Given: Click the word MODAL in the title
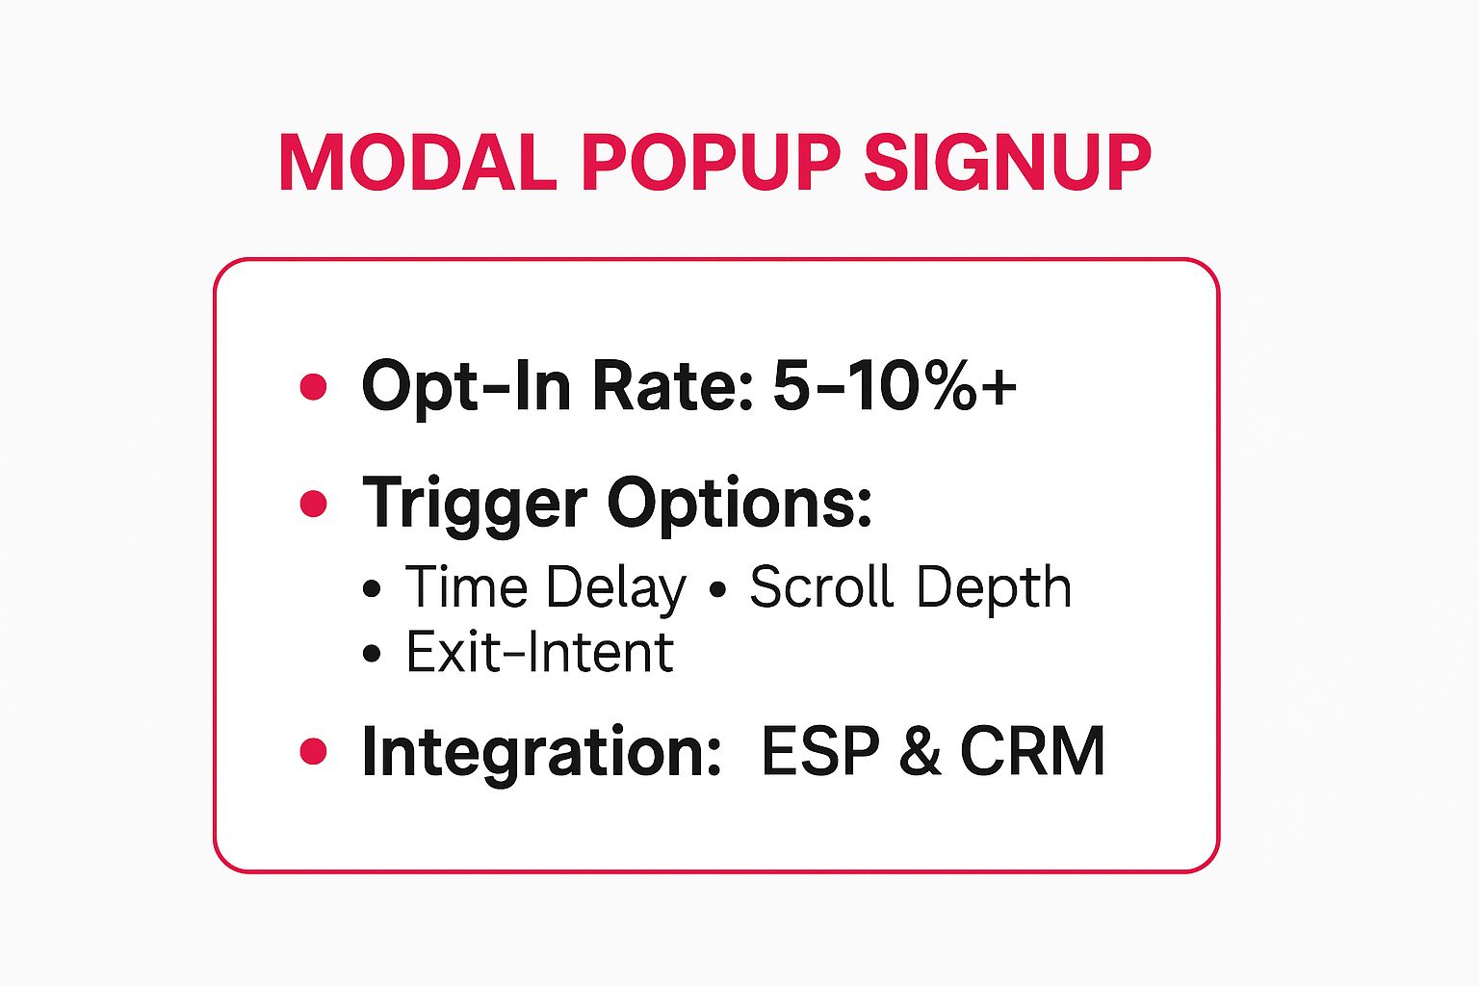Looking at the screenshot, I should pos(416,163).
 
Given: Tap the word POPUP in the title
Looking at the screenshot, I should pos(711,163).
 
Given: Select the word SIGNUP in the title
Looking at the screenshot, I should pos(1006,163).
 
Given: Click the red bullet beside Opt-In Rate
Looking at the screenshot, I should pos(313,387).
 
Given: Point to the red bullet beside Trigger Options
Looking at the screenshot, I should pos(313,503).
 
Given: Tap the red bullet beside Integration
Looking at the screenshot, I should pos(313,751).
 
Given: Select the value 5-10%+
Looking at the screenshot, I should pos(894,385).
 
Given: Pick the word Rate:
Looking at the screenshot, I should pos(672,385).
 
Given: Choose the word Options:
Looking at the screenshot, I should pos(739,503).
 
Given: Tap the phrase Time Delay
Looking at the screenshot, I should pos(545,587).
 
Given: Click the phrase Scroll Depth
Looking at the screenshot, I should pos(910,587).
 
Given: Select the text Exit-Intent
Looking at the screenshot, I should pos(539,653).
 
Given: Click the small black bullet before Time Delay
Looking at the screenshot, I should pos(373,589).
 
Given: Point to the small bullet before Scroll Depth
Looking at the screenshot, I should pos(716,589).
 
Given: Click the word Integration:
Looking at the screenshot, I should pos(541,751).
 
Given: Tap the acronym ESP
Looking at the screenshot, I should pos(820,751).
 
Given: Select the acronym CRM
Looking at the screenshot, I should pos(1032,751).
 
